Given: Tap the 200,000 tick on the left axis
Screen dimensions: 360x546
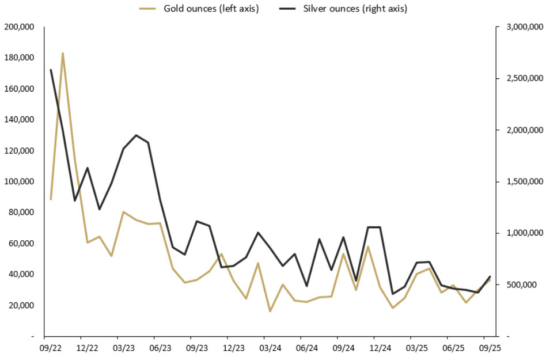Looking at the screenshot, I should [x=20, y=27].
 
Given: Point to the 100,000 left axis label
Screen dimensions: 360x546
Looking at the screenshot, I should [x=20, y=181].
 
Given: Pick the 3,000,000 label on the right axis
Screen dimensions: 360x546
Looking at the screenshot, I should [x=520, y=27].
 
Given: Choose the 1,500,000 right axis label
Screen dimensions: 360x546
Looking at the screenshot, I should [x=520, y=181].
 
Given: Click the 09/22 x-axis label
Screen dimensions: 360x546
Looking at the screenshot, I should [x=51, y=348].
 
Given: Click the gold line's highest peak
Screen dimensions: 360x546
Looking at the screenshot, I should [x=62, y=53].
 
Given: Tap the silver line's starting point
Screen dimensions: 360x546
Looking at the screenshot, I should [x=51, y=70].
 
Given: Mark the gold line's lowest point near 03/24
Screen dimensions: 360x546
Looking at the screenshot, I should [x=270, y=312].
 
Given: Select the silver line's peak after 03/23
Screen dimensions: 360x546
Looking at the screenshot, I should [x=136, y=135].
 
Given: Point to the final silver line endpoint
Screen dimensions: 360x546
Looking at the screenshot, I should [x=490, y=276].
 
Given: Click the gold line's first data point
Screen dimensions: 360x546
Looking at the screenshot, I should [x=51, y=199].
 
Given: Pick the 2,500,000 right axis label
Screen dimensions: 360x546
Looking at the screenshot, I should [x=520, y=78].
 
